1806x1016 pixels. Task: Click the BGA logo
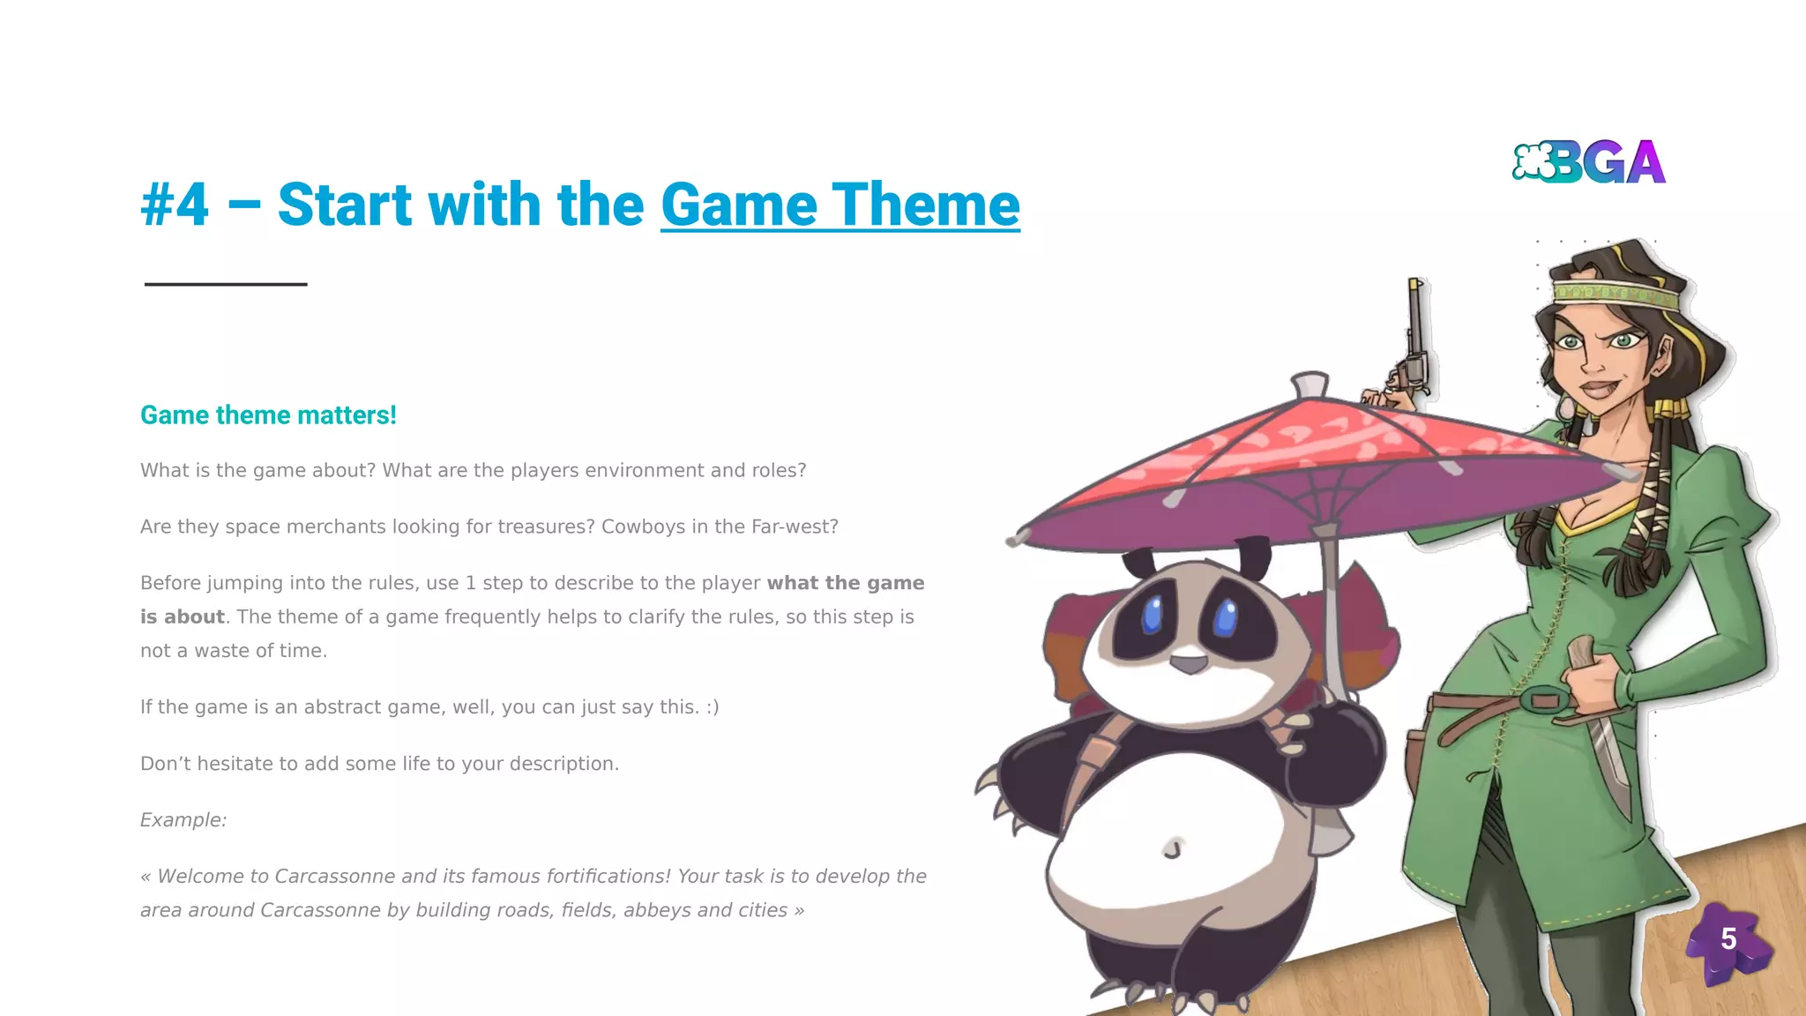[1589, 162]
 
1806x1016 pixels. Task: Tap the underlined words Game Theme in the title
[840, 205]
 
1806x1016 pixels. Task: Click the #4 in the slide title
[175, 205]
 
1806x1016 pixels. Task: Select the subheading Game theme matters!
[268, 415]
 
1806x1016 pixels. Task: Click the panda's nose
[1190, 662]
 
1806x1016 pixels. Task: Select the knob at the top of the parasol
[1310, 385]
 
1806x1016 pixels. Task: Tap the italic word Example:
[183, 820]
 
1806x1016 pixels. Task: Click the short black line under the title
[226, 284]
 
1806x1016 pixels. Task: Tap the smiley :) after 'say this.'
[712, 707]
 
